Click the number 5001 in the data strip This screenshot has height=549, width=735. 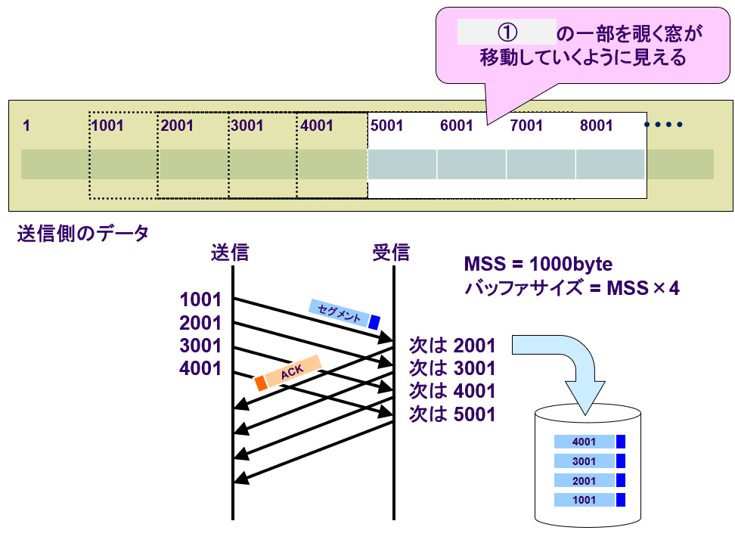[387, 126]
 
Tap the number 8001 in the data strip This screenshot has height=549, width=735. [596, 126]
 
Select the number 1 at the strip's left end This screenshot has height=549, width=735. [26, 126]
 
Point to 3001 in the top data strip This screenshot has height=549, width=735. [247, 126]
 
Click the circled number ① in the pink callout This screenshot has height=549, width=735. [507, 33]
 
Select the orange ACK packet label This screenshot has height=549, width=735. [289, 372]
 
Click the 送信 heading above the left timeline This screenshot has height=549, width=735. [230, 253]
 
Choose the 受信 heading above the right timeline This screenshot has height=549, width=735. [391, 253]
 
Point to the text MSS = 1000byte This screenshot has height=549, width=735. [538, 265]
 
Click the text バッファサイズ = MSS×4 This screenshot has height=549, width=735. [572, 288]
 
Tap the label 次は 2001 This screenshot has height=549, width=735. [451, 346]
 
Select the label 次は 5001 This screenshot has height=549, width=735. [451, 414]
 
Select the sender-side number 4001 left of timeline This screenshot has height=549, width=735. [200, 369]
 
